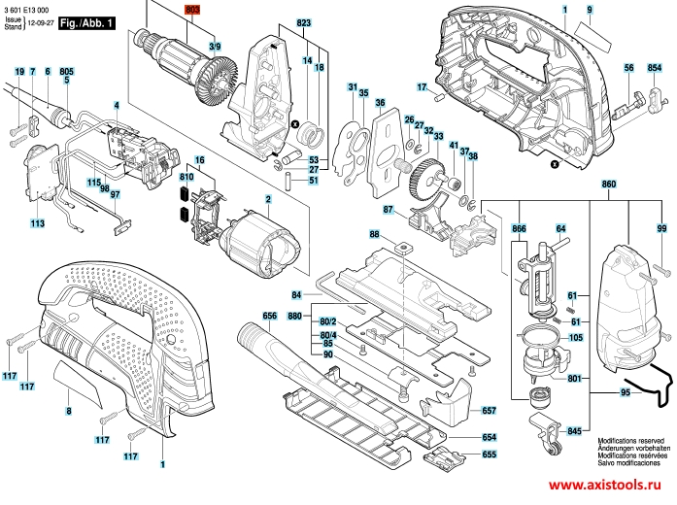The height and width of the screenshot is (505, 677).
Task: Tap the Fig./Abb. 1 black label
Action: pyautogui.click(x=87, y=19)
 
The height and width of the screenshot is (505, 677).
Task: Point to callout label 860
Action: pyautogui.click(x=609, y=185)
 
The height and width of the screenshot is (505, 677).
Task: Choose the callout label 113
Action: pyautogui.click(x=37, y=224)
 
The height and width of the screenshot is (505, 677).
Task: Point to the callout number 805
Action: pyautogui.click(x=66, y=72)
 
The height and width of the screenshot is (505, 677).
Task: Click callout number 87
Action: pyautogui.click(x=388, y=210)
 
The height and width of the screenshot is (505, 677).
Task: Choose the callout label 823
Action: pyautogui.click(x=304, y=21)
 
